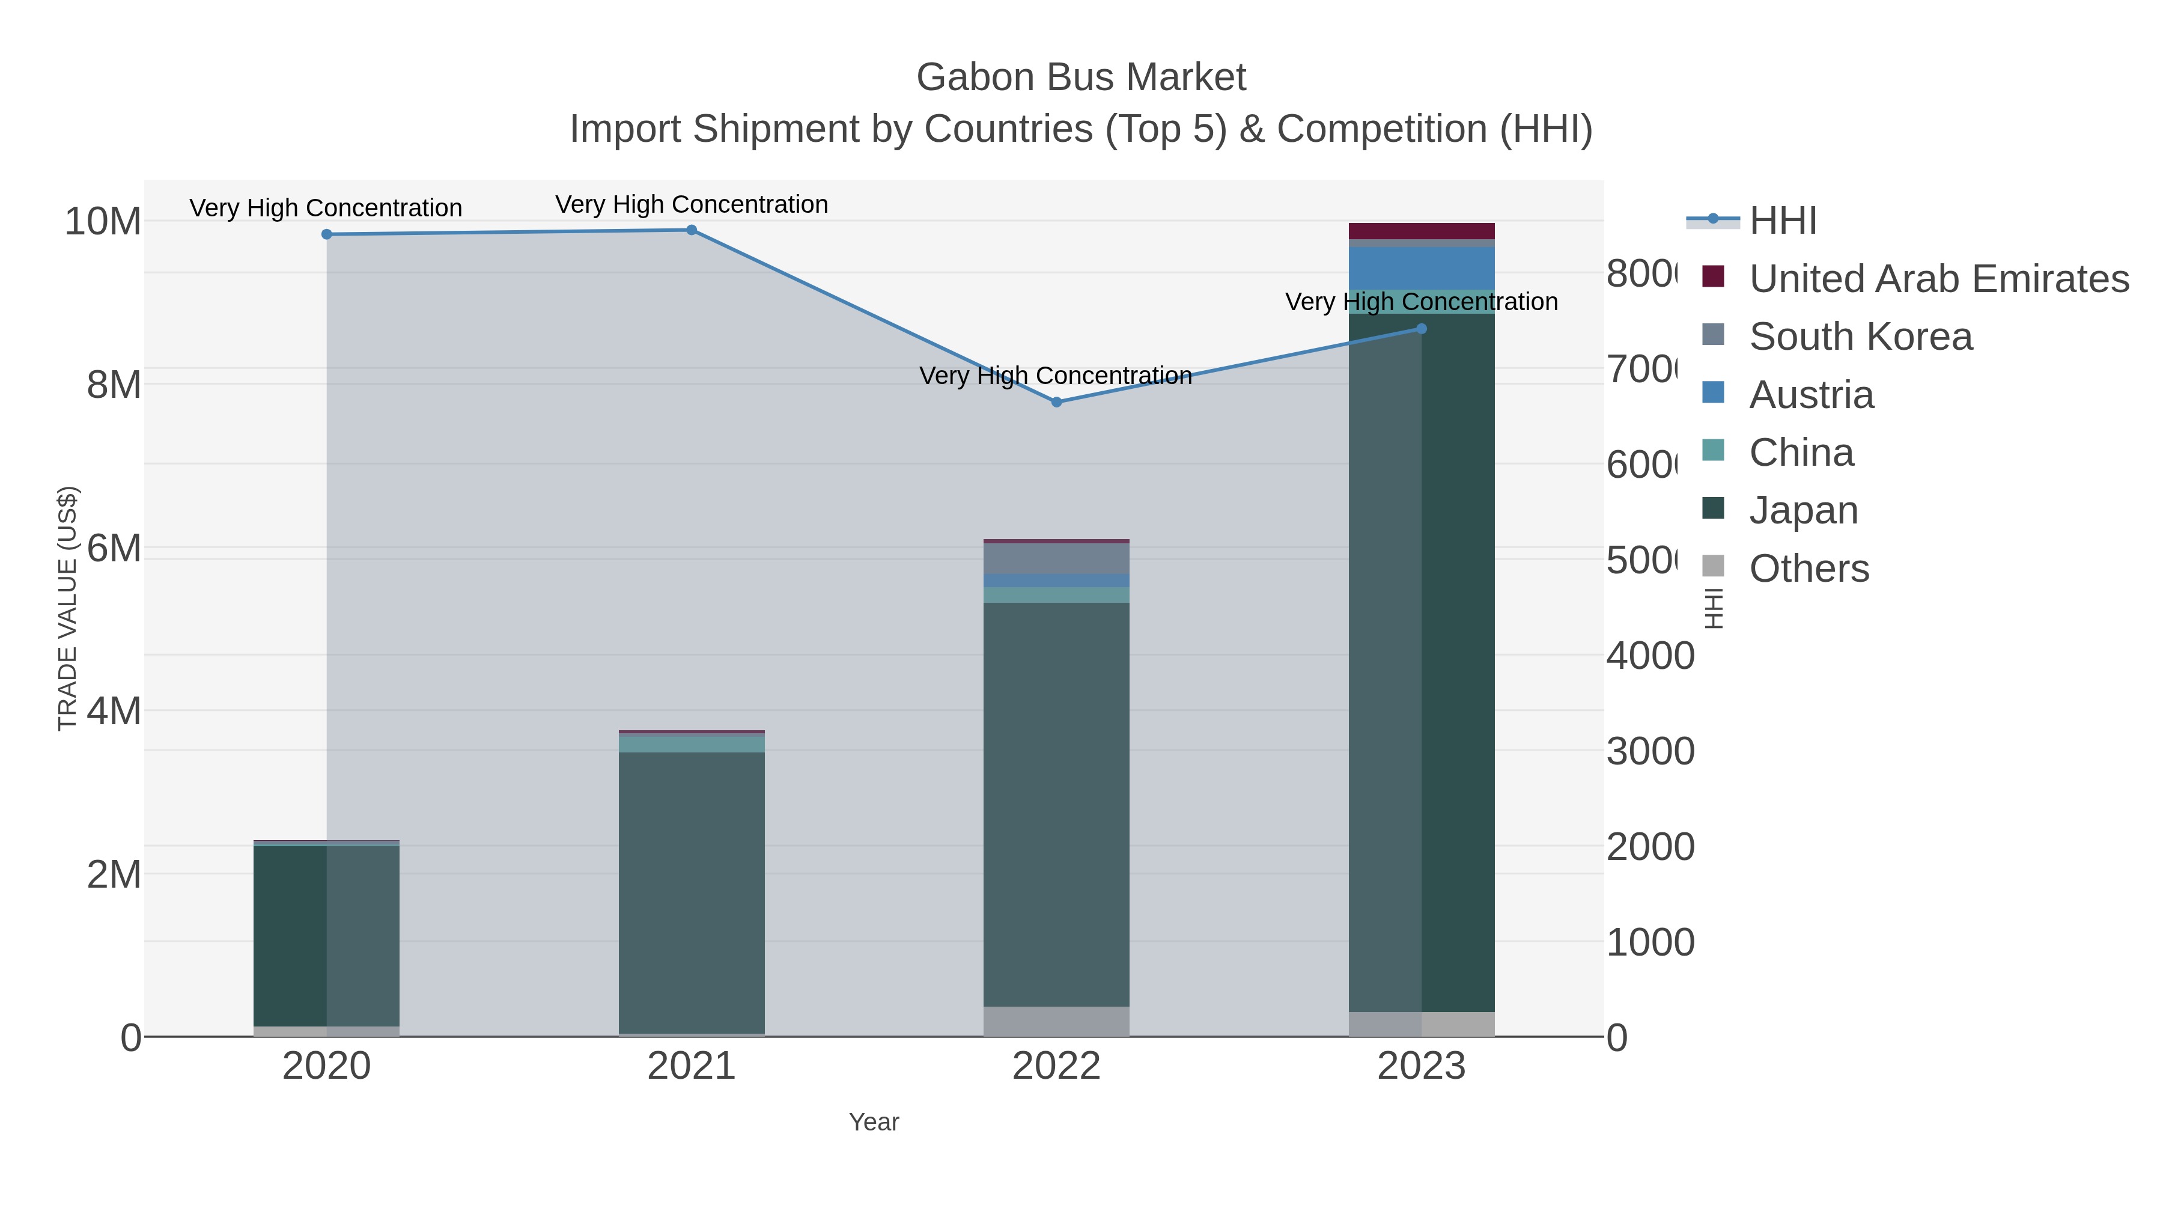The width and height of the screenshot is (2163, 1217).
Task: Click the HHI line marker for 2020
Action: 327,234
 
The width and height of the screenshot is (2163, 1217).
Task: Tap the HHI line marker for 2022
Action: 1056,402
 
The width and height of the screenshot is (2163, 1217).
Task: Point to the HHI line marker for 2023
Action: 1421,329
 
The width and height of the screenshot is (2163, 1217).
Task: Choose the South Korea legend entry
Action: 1860,337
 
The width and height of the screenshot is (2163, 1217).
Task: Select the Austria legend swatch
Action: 1713,393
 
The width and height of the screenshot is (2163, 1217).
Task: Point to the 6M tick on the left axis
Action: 114,549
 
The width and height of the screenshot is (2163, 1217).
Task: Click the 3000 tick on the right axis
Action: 1650,752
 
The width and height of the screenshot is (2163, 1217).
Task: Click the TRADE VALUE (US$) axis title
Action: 67,608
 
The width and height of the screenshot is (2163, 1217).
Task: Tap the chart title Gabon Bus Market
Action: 1081,78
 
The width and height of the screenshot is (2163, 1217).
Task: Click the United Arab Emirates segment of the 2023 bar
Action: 1421,231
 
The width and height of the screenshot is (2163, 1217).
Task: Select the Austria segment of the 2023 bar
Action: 1421,268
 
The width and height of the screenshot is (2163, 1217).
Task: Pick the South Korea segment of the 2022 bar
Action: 1056,558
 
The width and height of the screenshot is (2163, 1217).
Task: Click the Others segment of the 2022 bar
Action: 1056,1021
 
